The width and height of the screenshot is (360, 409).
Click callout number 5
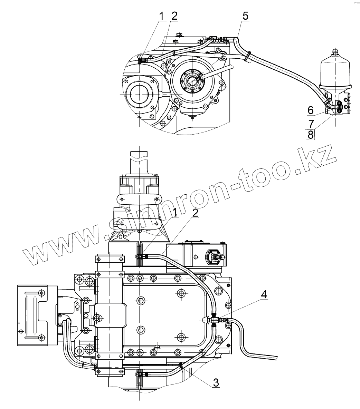[x=245, y=16]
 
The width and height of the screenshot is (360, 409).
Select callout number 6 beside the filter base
[x=310, y=110]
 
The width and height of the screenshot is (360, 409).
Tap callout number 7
[x=311, y=123]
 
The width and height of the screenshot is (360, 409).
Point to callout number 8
[x=310, y=135]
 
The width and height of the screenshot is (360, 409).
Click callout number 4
[x=264, y=294]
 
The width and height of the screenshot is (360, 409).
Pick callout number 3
[x=216, y=383]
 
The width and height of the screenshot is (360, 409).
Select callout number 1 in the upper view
[x=162, y=16]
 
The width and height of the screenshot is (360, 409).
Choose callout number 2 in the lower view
[x=195, y=213]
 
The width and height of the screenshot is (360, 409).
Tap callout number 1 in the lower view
[x=174, y=213]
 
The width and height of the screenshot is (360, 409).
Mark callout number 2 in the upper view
[x=174, y=16]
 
